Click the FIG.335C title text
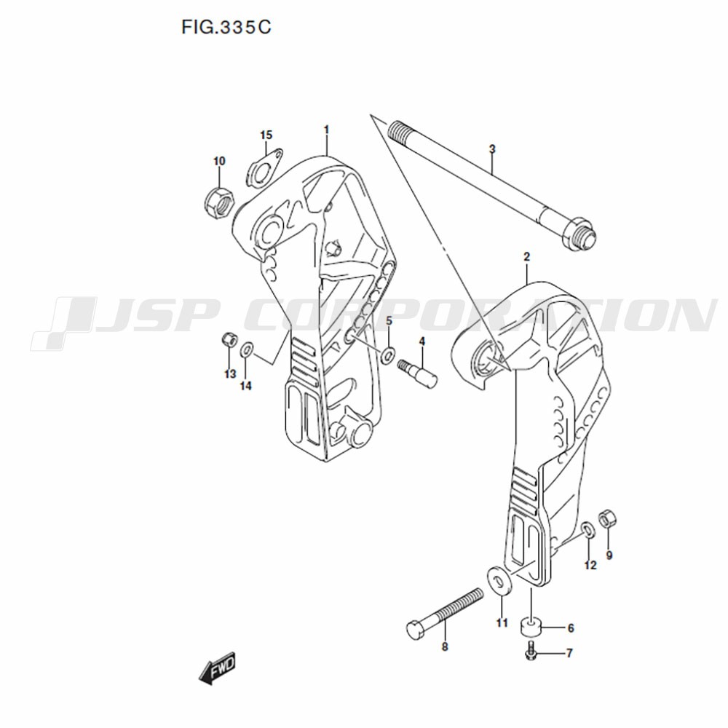pos(226,28)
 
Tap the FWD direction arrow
pos(217,669)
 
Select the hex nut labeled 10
pos(219,202)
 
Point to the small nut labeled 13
pos(228,340)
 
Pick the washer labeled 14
pos(247,349)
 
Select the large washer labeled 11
pos(499,581)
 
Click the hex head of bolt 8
pos(416,630)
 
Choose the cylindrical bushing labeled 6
pos(530,627)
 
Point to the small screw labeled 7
pos(532,653)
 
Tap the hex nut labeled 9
pos(607,518)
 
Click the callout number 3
pos(492,149)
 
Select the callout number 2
pos(526,257)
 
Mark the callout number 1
pos(326,130)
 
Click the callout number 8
pos(445,646)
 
